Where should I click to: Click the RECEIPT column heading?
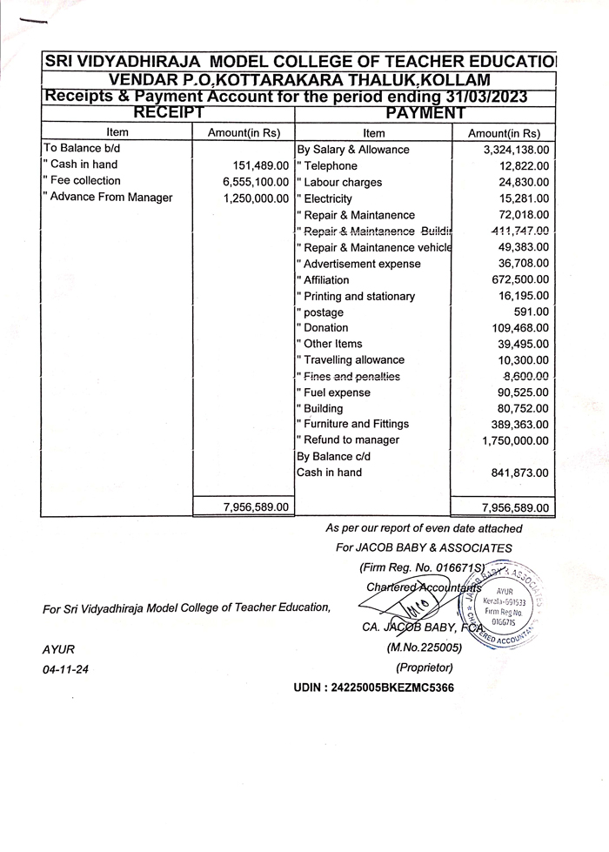168,112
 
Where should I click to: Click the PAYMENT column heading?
425,112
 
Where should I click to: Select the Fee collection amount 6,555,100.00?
255,182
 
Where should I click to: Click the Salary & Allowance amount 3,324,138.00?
509,150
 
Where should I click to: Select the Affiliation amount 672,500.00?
520,280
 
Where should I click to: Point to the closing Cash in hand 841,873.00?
520,473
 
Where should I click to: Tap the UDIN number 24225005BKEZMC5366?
373,688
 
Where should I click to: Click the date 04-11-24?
60,670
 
